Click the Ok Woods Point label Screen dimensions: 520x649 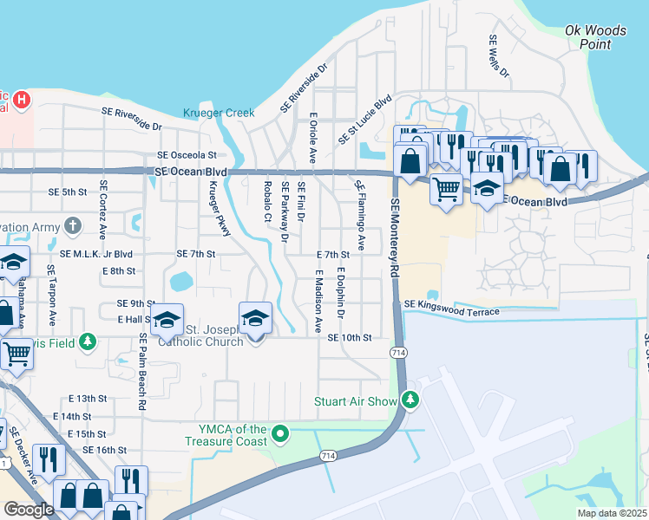coord(594,37)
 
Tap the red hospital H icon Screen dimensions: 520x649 coord(22,101)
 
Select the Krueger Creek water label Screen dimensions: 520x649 coord(219,113)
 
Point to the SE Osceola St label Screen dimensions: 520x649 coord(186,156)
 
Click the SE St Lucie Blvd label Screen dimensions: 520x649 coord(364,120)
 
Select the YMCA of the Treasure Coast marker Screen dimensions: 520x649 coord(280,432)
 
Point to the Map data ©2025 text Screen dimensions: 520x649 coord(612,513)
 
